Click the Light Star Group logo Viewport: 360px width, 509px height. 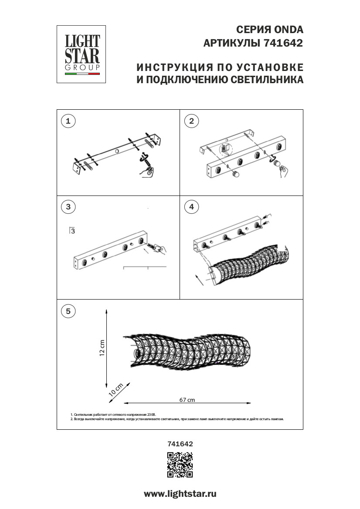(x=82, y=54)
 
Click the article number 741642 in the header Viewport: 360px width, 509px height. (x=283, y=44)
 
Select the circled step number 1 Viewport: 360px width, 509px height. (x=68, y=121)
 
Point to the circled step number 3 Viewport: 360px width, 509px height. (x=68, y=207)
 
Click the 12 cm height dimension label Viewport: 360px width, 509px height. (x=102, y=347)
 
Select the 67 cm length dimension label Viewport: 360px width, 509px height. (x=187, y=400)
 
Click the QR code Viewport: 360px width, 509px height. (x=180, y=465)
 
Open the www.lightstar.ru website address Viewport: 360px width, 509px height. (x=180, y=494)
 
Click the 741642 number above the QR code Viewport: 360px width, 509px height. (x=180, y=444)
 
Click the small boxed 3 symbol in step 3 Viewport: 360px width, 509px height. (x=72, y=231)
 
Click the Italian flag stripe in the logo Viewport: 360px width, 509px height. (x=82, y=74)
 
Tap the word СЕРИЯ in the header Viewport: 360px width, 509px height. (x=251, y=30)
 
